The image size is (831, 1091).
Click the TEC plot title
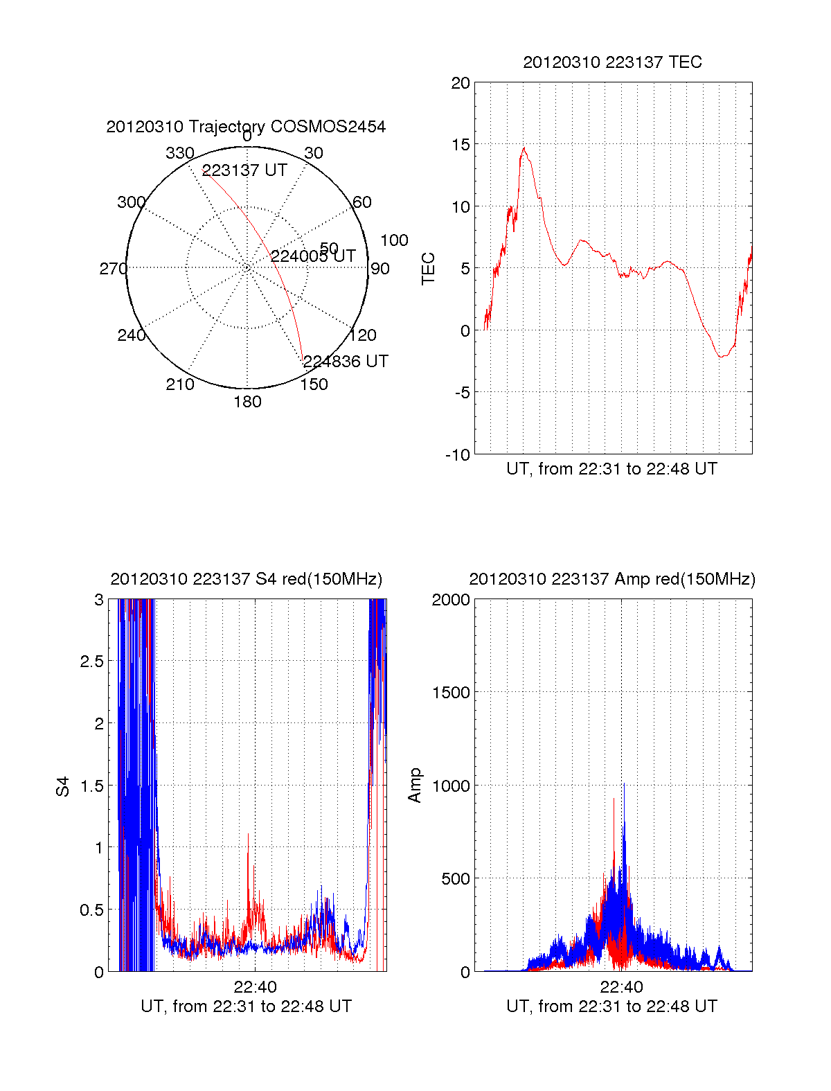click(612, 62)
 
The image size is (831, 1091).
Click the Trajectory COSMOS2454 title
click(246, 127)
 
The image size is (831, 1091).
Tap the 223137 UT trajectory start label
click(244, 170)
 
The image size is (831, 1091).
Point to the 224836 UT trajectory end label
click(346, 362)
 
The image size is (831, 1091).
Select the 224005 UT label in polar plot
click(313, 256)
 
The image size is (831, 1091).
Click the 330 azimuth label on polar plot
click(180, 153)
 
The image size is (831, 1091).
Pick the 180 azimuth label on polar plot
click(247, 402)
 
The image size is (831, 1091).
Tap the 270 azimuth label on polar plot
click(113, 269)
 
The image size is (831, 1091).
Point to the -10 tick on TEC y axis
click(457, 455)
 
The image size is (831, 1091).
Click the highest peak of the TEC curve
click(524, 148)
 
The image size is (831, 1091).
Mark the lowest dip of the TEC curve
click(722, 357)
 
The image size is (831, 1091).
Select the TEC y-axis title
click(429, 269)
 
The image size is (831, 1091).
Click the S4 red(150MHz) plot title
click(246, 579)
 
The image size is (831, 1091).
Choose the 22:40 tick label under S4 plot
click(255, 987)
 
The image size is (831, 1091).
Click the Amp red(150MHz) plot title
click(612, 579)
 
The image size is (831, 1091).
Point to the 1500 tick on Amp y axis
click(452, 693)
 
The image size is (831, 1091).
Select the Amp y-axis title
click(415, 786)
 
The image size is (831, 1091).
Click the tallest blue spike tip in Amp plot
click(624, 784)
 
